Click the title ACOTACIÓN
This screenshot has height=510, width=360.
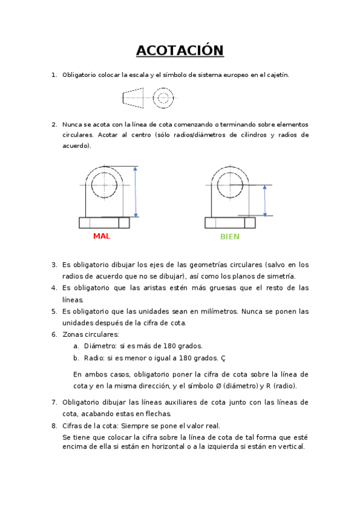pyautogui.click(x=180, y=51)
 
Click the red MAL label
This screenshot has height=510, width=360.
pyautogui.click(x=102, y=236)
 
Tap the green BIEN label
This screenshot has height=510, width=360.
pyautogui.click(x=230, y=236)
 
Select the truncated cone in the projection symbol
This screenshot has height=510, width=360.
pyautogui.click(x=133, y=97)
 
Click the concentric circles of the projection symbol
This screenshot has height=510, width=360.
pyautogui.click(x=163, y=97)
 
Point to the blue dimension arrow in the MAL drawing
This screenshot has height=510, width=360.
pyautogui.click(x=136, y=192)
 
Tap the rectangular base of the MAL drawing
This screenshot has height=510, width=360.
pyautogui.click(x=104, y=223)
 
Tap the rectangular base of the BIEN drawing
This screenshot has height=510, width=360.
pyautogui.click(x=230, y=223)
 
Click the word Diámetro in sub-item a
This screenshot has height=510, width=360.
pyautogui.click(x=98, y=346)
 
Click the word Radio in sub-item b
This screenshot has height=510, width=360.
pyautogui.click(x=93, y=357)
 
